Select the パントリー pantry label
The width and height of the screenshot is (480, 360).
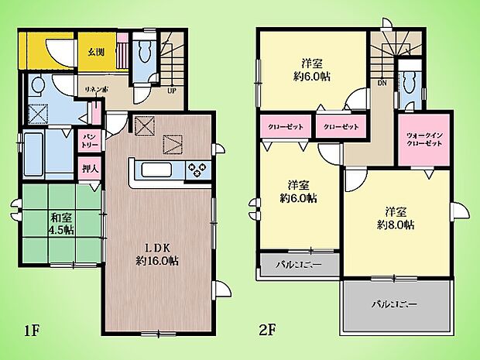tap(90, 140)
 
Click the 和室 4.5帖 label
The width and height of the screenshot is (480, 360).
tap(62, 223)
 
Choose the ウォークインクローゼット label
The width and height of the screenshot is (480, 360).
tap(423, 140)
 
